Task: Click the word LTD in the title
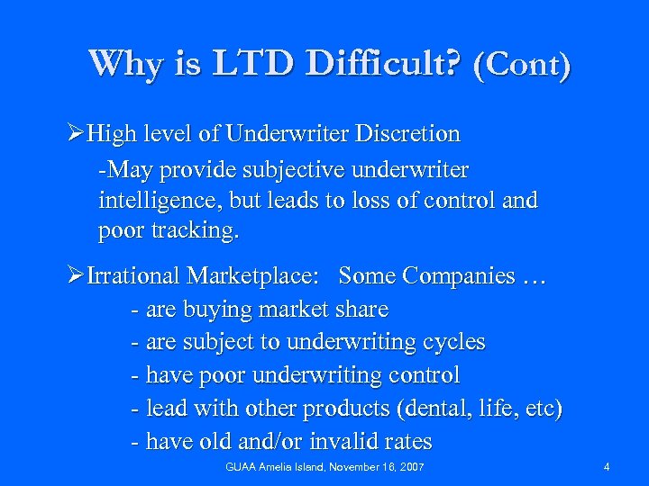coord(257,64)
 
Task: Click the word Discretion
coord(407,135)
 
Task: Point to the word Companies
coord(461,275)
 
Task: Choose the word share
coord(361,310)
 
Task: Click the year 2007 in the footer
coord(411,467)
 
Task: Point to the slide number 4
coord(607,467)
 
